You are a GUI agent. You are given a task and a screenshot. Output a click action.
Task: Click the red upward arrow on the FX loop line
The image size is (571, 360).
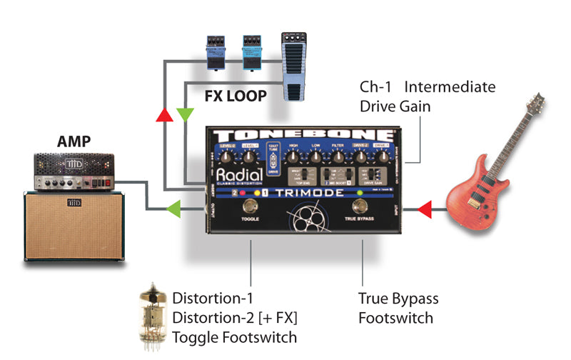point(166,115)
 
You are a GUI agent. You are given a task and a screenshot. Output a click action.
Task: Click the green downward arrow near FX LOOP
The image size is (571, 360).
point(185,114)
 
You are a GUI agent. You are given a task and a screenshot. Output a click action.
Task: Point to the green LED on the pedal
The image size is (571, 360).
point(360,194)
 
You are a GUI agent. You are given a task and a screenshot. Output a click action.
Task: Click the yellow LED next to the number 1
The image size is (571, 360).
point(253,194)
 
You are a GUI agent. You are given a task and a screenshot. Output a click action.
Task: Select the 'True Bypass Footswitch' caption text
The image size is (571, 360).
point(398,307)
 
